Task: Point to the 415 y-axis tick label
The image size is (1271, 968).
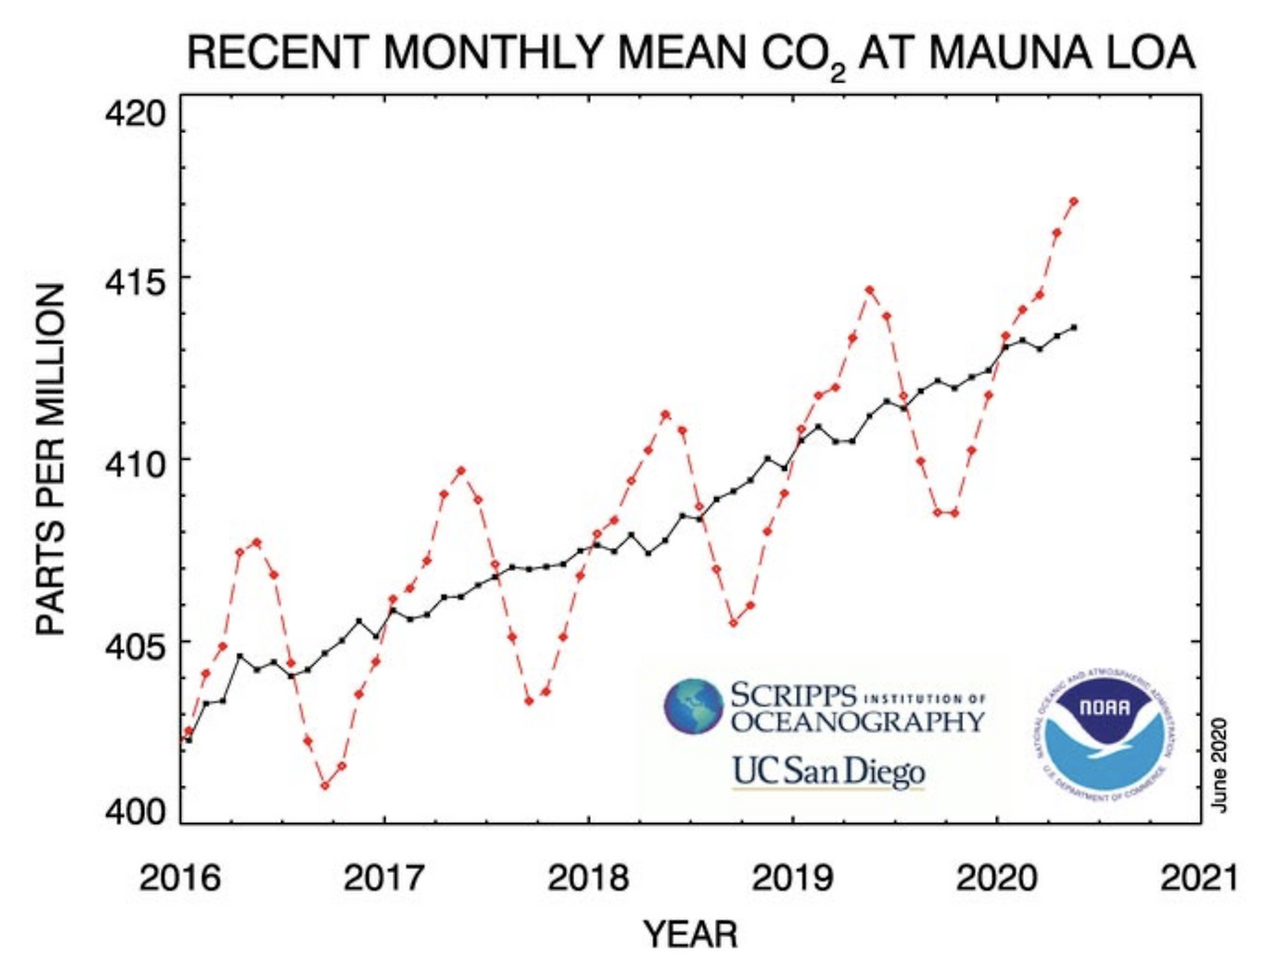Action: [135, 279]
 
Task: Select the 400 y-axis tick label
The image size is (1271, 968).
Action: [135, 812]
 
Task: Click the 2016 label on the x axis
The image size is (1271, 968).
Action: [179, 878]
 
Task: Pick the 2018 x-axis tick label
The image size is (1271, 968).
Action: [588, 878]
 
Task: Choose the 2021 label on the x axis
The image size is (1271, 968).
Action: [1200, 878]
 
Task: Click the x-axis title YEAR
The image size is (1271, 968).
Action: [690, 934]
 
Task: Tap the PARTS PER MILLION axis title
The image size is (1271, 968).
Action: [52, 460]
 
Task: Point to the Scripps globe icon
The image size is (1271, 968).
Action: [694, 706]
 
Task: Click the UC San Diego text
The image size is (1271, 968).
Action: [828, 771]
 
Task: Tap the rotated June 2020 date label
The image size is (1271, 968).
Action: [1220, 763]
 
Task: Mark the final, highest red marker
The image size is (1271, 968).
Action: [1073, 202]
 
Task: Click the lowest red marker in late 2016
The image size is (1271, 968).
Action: [325, 785]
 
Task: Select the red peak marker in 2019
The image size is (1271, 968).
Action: [869, 291]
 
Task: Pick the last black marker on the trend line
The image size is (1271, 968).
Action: [1073, 327]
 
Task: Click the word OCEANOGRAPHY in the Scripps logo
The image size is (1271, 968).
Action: [858, 721]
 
